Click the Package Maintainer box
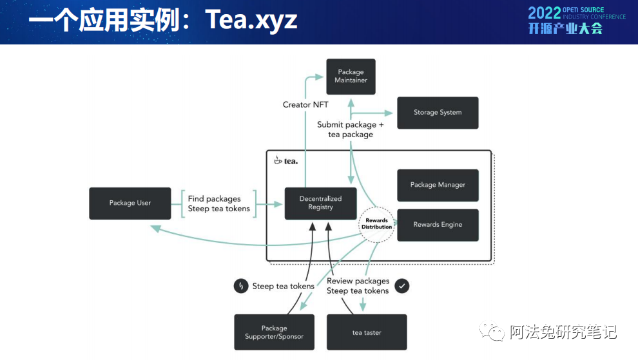coord(351,77)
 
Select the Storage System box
coord(438,113)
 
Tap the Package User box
coord(130,204)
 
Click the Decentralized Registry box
coord(320,204)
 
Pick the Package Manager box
coord(438,185)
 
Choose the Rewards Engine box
coord(438,225)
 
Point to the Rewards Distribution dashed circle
coord(376,224)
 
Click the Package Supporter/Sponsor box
coord(274,332)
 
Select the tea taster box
coord(367,332)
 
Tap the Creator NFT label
coord(305,104)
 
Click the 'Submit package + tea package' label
coord(351,129)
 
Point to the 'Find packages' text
coord(214,199)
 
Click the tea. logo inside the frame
coord(286,160)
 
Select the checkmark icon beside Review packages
coord(402,285)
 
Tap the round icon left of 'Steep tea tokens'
coord(241,286)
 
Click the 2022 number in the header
coord(544,13)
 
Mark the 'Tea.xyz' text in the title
coord(251,21)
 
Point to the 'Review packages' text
coord(358,281)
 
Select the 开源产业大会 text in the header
coord(566,29)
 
